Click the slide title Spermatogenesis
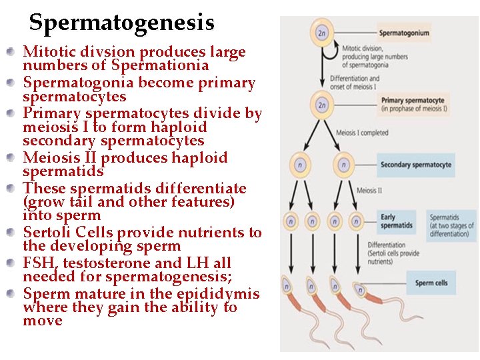pyautogui.click(x=121, y=23)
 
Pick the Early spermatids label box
pyautogui.click(x=397, y=221)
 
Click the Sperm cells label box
pyautogui.click(x=431, y=283)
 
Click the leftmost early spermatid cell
pyautogui.click(x=291, y=221)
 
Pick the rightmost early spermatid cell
pyautogui.click(x=356, y=221)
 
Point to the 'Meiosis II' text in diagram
pyautogui.click(x=369, y=191)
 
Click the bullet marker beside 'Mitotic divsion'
pyautogui.click(x=11, y=52)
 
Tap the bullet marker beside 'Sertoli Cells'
pyautogui.click(x=11, y=233)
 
